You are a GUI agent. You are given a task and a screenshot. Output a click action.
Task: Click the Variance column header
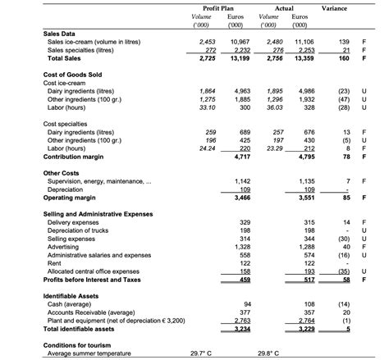[x=334, y=8]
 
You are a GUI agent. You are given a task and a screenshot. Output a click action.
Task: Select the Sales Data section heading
[x=59, y=34]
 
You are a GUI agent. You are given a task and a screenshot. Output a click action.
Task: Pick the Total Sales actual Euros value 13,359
[x=304, y=58]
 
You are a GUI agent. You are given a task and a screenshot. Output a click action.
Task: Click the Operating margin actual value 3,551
[x=304, y=198]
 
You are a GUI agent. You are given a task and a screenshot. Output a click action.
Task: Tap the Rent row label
[x=55, y=262]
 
